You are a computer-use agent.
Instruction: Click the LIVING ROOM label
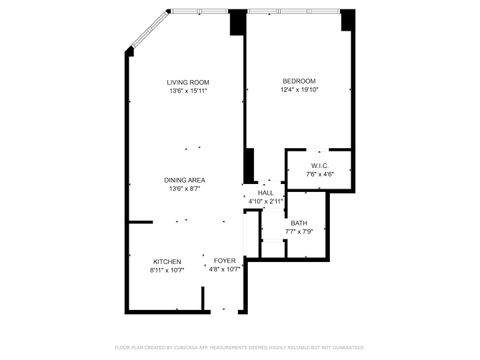(188, 81)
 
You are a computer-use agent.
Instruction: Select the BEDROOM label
(299, 81)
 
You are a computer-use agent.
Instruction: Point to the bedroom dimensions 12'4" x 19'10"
(299, 90)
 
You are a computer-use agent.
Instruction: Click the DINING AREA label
(186, 180)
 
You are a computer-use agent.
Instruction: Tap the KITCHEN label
(167, 261)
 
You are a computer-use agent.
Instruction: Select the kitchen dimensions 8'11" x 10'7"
(167, 270)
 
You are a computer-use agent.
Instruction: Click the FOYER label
(224, 261)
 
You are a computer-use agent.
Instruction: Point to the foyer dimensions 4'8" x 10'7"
(224, 270)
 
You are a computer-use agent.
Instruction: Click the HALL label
(266, 193)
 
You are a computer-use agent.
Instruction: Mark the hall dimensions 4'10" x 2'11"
(266, 202)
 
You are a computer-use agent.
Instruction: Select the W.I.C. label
(320, 166)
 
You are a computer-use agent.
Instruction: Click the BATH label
(299, 223)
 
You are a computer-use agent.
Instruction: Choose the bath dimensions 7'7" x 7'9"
(299, 232)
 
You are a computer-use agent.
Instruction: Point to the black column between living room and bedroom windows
(238, 23)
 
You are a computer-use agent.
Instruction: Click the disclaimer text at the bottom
(240, 347)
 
